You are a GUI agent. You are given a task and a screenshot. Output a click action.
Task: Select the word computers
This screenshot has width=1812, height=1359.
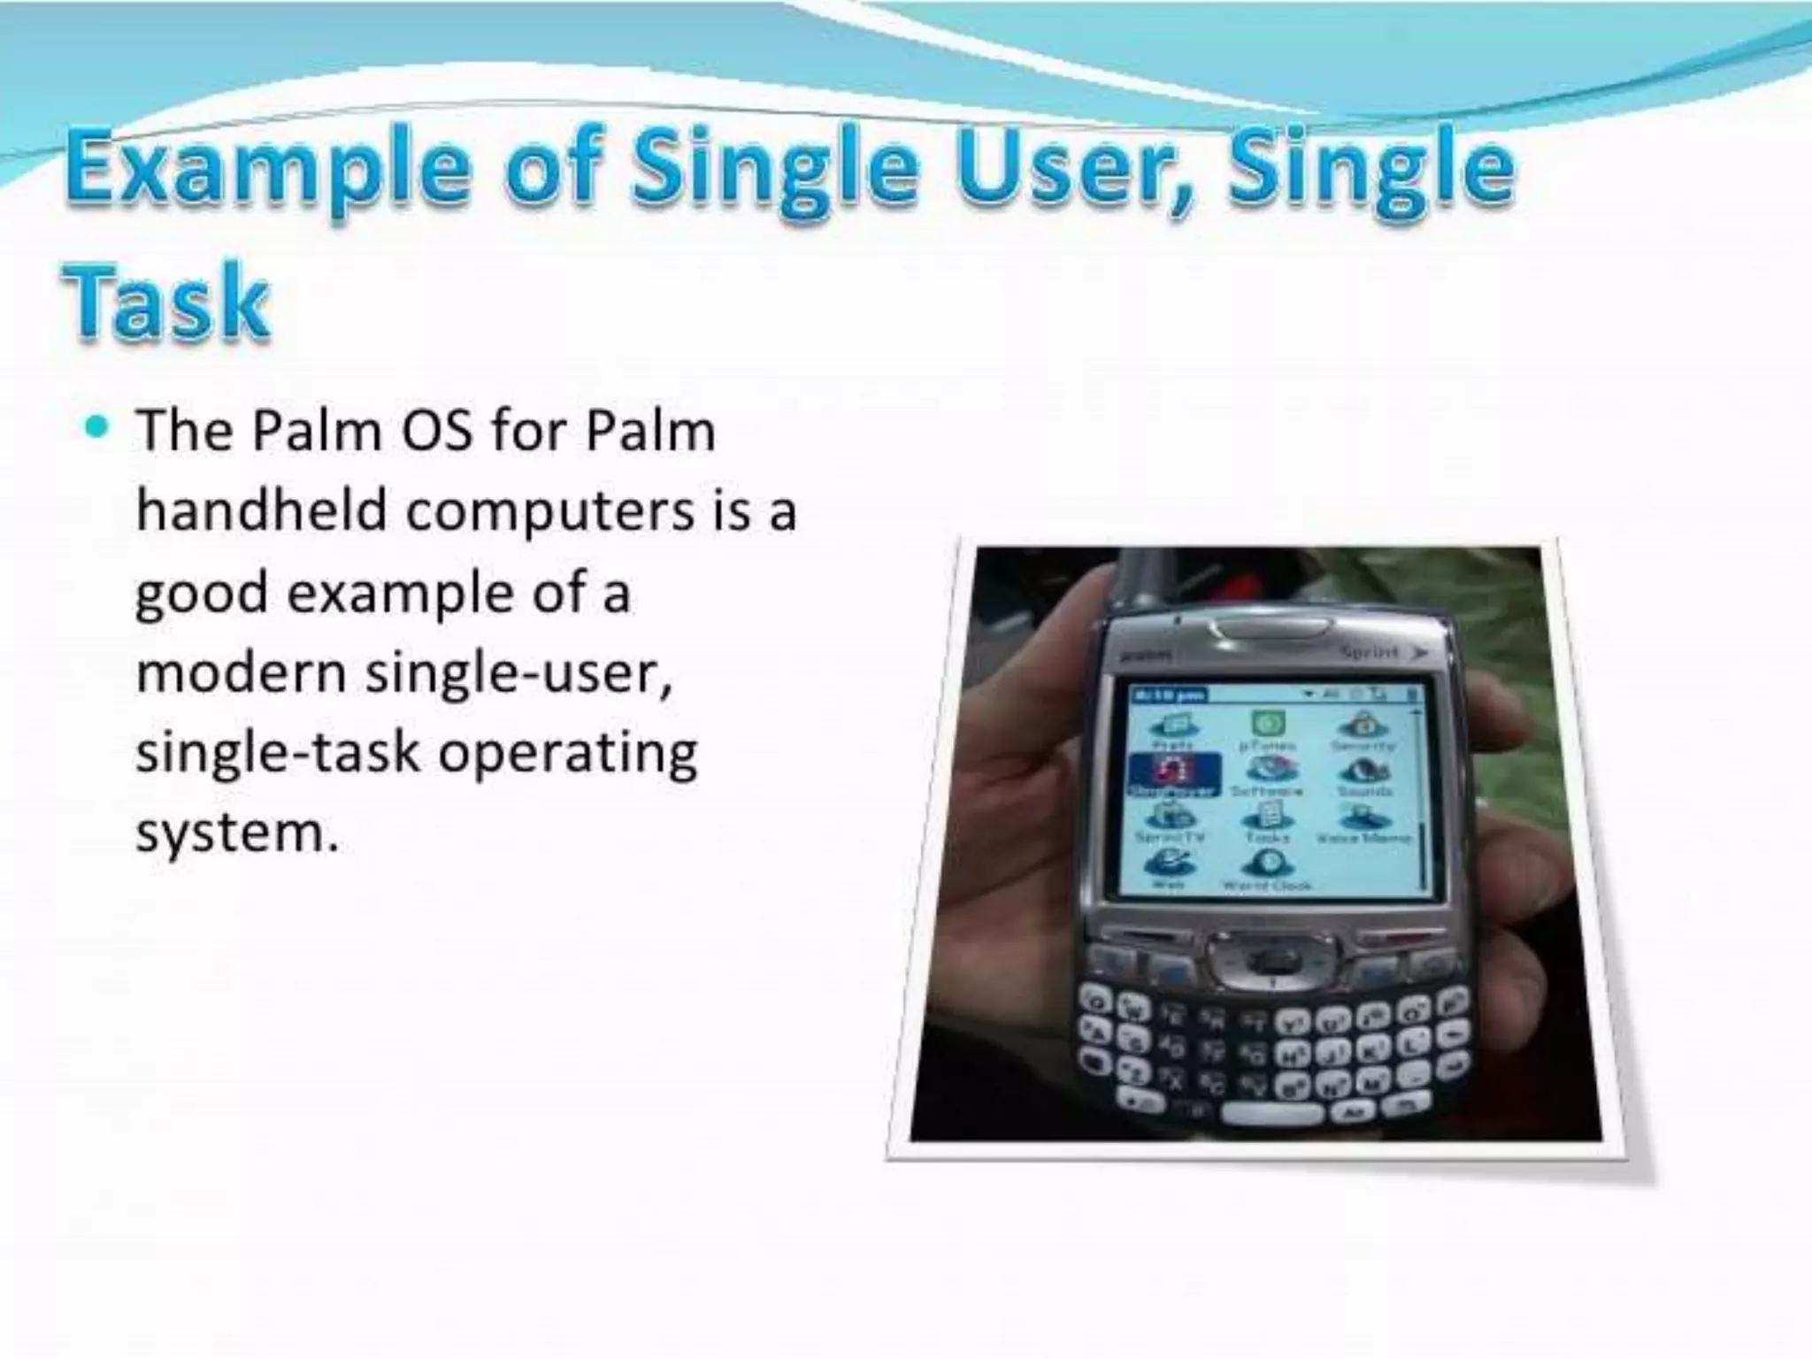pyautogui.click(x=549, y=512)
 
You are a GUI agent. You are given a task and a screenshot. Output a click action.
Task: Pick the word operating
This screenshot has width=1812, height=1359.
pyautogui.click(x=567, y=753)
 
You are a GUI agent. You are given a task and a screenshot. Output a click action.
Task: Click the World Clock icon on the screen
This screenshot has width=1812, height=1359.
pyautogui.click(x=1266, y=863)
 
